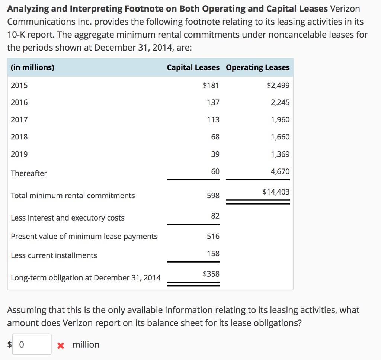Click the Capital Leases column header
193,67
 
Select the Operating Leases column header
257,67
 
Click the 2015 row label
19,85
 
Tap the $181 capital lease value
211,85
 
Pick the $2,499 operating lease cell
278,85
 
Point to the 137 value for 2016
213,102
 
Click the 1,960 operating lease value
280,119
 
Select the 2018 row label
19,136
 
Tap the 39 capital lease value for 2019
215,154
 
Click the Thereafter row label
29,173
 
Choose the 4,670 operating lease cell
280,171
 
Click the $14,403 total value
276,192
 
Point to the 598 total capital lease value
213,196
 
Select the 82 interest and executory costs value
215,216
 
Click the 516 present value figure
213,236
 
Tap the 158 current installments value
213,254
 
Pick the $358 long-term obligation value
211,274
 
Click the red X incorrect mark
61,345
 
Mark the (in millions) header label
33,67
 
